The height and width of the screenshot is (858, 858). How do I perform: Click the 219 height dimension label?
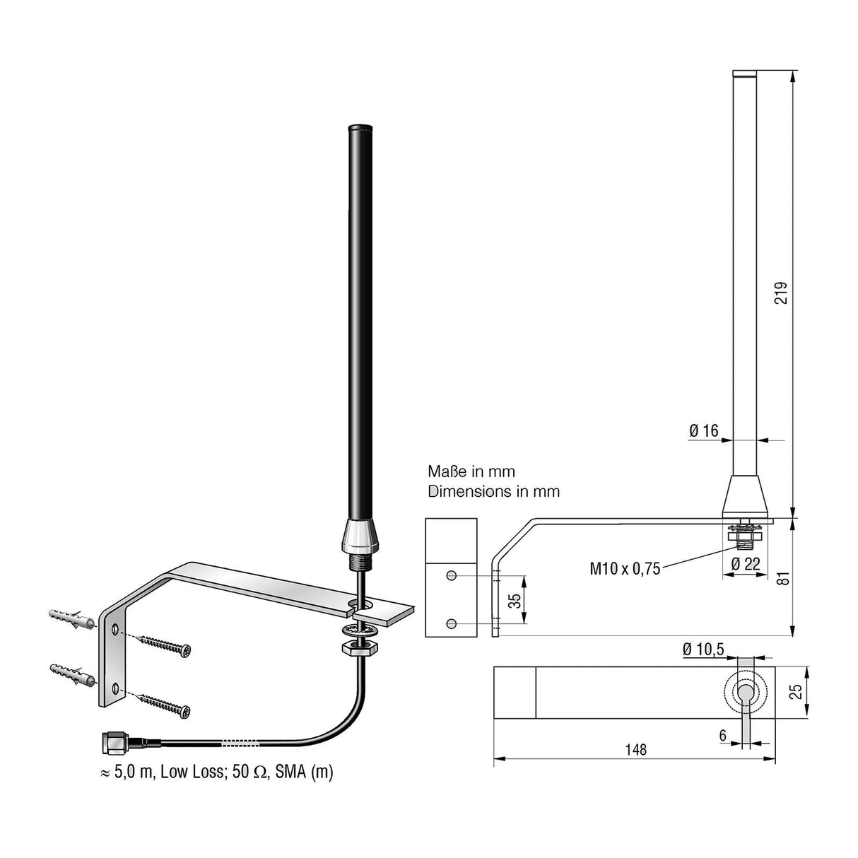click(x=780, y=292)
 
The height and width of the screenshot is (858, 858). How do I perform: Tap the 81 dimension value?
click(x=780, y=577)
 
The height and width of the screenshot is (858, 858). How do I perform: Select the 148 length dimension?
click(x=635, y=749)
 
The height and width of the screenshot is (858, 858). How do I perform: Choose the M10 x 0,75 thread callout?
click(x=625, y=568)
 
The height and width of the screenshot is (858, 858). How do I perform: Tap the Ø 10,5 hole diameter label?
click(x=705, y=650)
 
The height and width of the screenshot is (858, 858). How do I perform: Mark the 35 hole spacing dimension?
click(x=515, y=600)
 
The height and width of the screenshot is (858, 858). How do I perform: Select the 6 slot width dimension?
click(x=722, y=735)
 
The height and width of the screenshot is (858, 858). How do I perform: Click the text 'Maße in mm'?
click(x=471, y=471)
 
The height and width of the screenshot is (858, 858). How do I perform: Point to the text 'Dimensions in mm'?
click(x=493, y=491)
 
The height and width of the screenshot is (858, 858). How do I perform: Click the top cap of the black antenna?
click(x=360, y=128)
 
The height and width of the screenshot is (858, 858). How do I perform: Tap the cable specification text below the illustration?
click(x=216, y=772)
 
